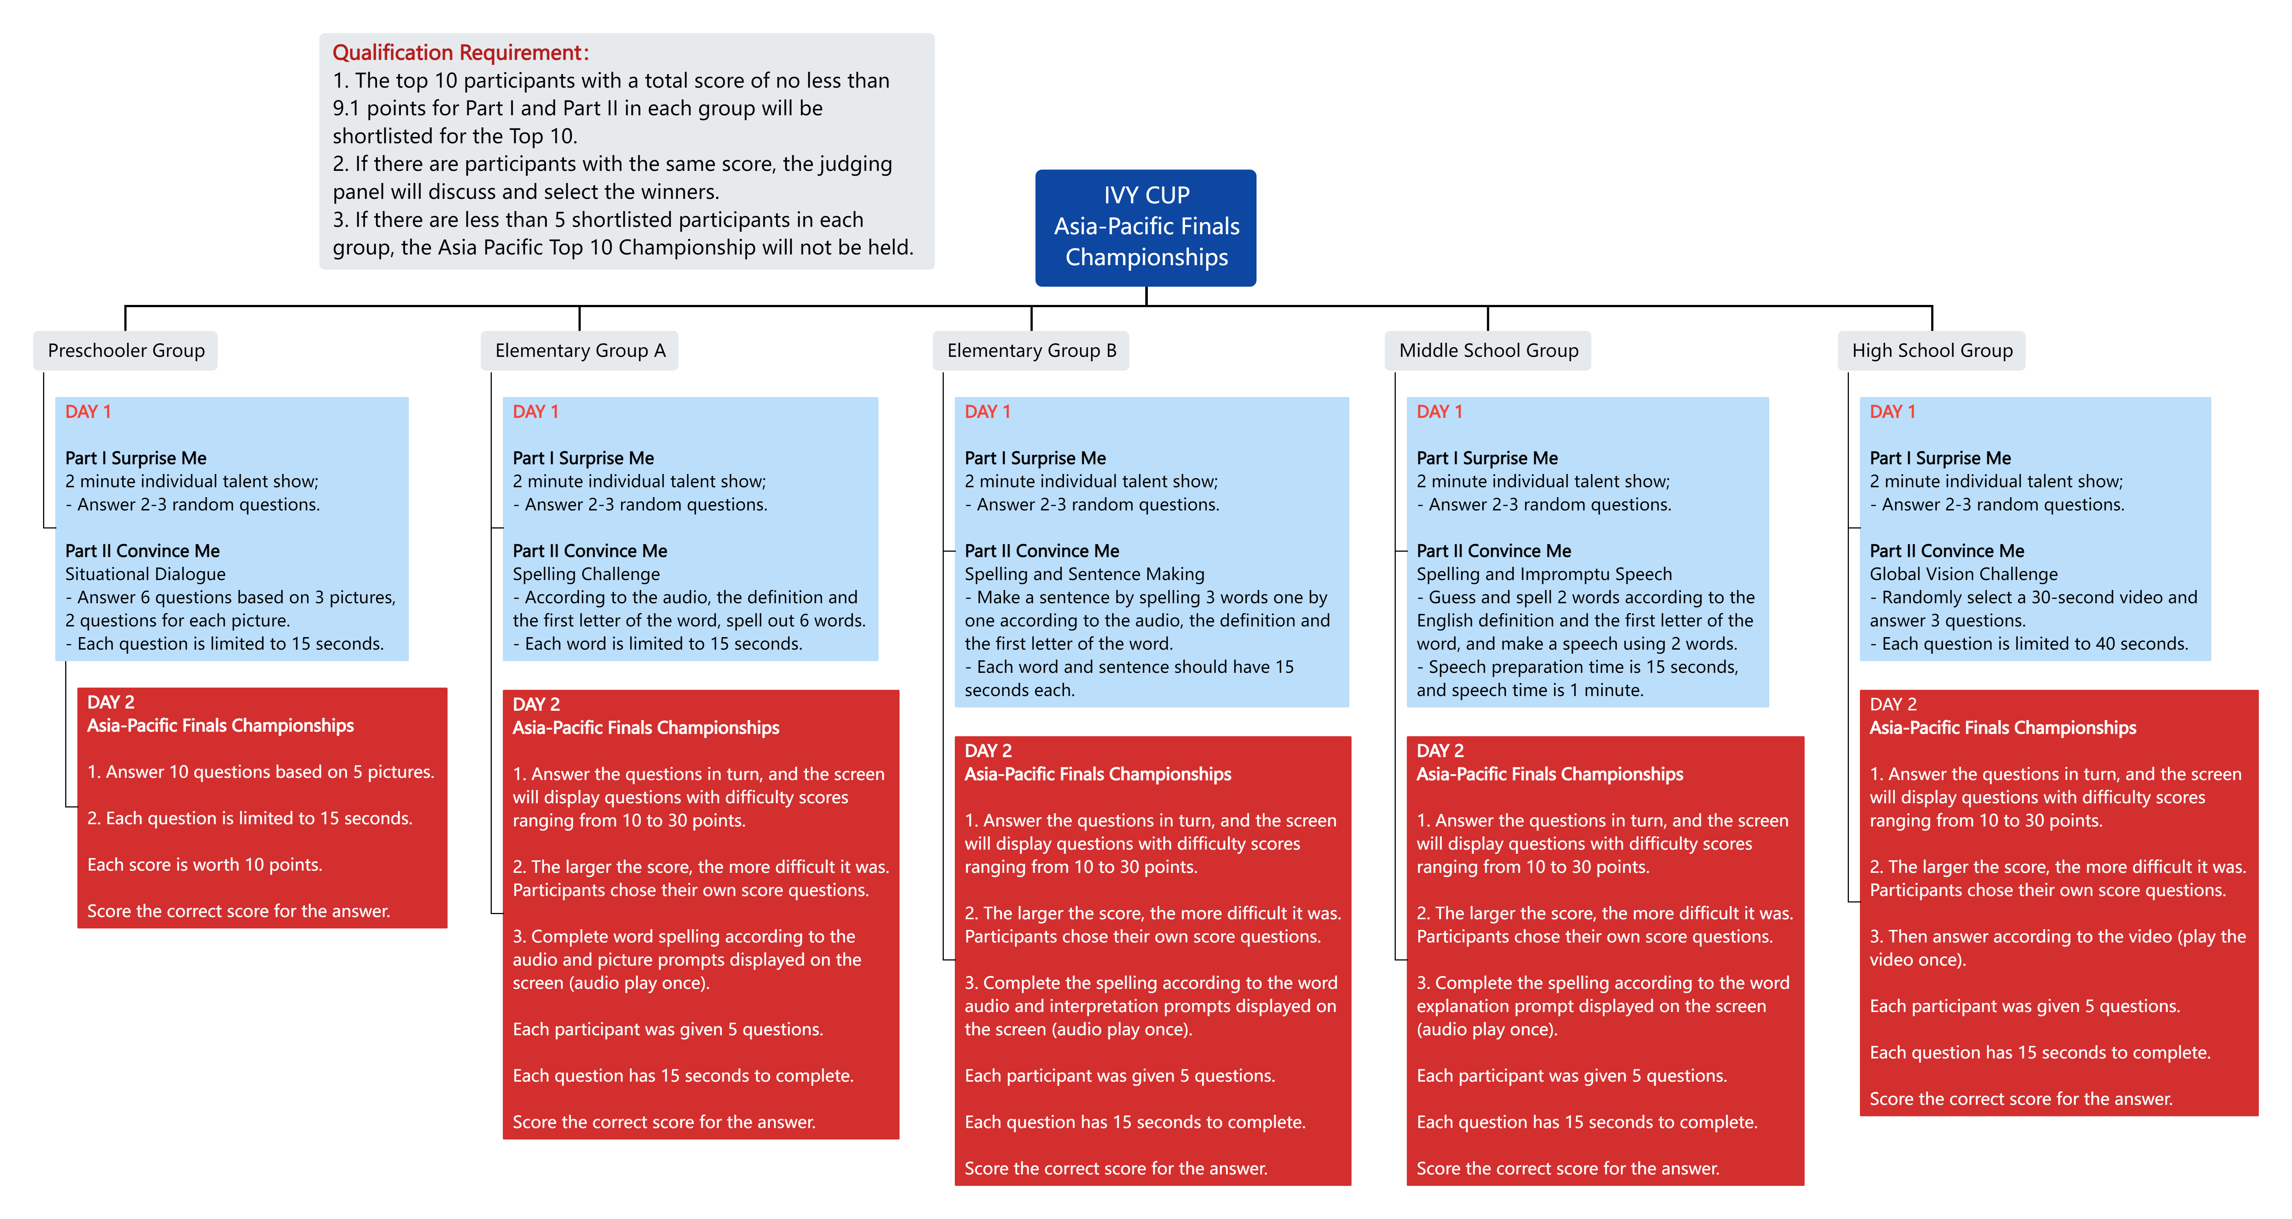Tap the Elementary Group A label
click(x=580, y=351)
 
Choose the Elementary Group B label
click(x=1031, y=351)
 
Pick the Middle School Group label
click(x=1489, y=351)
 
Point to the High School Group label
click(x=1932, y=351)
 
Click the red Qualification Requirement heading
click(x=460, y=53)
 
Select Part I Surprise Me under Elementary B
click(x=1035, y=458)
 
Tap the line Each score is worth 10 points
click(x=205, y=865)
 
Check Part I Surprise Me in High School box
click(x=1940, y=458)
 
